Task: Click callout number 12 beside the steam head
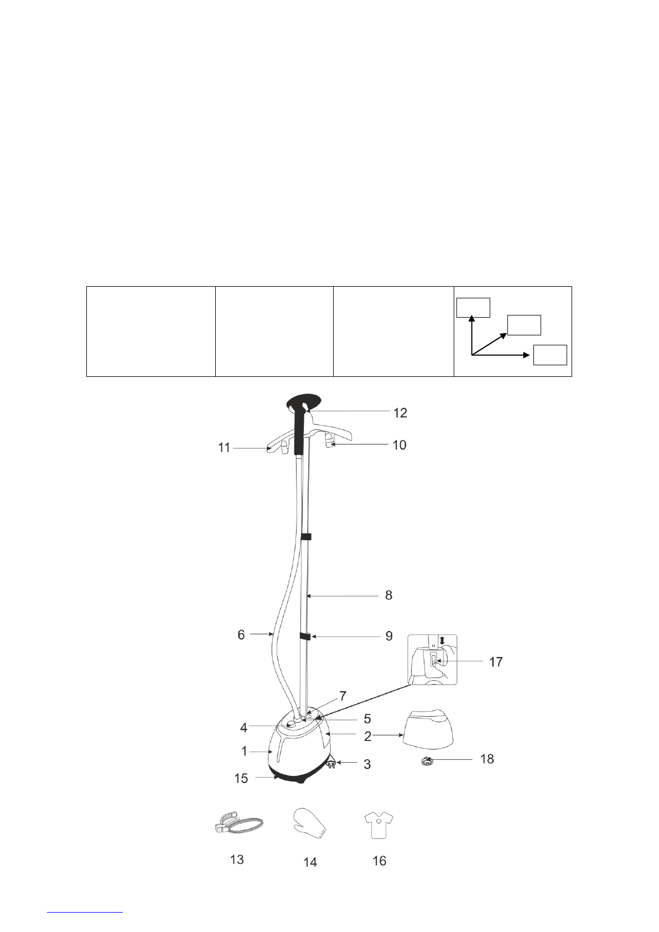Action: tap(400, 413)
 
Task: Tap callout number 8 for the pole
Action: tap(388, 596)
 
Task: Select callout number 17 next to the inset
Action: tap(496, 661)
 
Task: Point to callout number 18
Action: tap(487, 759)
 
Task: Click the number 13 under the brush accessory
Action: tap(237, 859)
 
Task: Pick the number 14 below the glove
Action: tap(310, 862)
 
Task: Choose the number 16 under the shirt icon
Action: tap(379, 861)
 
